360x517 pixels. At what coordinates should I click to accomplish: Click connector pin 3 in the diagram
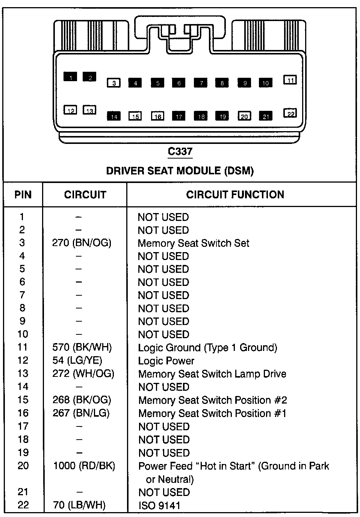(x=113, y=83)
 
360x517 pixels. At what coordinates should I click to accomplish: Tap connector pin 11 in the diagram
(x=290, y=80)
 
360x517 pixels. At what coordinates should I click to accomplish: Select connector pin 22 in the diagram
(x=290, y=113)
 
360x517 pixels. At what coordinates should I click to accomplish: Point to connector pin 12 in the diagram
(x=70, y=110)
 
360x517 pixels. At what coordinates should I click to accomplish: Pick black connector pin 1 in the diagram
(x=70, y=77)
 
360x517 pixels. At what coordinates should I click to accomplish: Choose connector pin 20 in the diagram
(x=244, y=116)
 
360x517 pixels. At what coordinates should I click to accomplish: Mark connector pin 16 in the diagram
(x=157, y=116)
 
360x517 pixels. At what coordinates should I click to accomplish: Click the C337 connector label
(x=180, y=151)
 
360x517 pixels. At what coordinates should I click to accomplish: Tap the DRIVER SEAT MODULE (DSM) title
(x=180, y=171)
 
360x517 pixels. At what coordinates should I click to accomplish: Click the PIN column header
(x=23, y=195)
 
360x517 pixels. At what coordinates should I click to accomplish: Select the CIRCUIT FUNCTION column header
(x=235, y=195)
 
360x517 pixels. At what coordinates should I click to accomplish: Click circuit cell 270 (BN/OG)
(x=82, y=243)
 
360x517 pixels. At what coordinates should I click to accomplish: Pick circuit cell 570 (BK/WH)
(x=82, y=348)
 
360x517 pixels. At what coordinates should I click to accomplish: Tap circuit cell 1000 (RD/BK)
(x=84, y=466)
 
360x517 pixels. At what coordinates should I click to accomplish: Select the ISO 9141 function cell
(x=159, y=505)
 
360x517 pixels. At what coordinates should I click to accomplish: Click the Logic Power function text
(x=166, y=361)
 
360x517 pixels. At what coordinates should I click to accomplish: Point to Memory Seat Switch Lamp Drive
(x=212, y=374)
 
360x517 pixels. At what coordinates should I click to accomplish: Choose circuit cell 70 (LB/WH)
(x=79, y=505)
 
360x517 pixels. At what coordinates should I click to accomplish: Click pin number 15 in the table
(x=23, y=400)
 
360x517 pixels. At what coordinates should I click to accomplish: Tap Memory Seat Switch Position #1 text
(x=212, y=413)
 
